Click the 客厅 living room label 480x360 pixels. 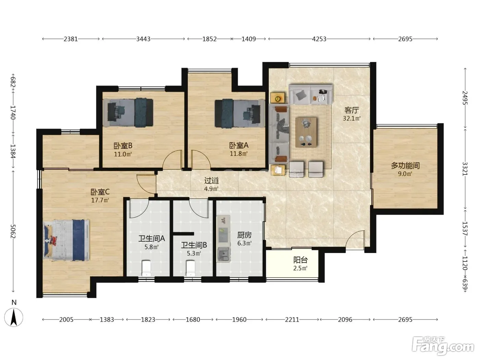click(351, 110)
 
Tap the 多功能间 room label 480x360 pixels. click(405, 166)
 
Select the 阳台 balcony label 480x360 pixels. click(300, 260)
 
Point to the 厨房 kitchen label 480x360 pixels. click(244, 235)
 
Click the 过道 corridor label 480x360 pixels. click(212, 181)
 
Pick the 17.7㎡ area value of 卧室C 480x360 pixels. click(100, 200)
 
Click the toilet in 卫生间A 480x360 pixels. click(146, 268)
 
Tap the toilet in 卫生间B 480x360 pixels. click(191, 268)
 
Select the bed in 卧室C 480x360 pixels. click(67, 240)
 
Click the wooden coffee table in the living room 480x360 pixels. click(306, 132)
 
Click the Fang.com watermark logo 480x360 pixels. click(443, 346)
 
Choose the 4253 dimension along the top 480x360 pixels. click(319, 39)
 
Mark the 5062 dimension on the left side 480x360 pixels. click(13, 231)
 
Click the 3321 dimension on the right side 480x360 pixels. click(465, 169)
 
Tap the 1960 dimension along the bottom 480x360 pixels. click(239, 320)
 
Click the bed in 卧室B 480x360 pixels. click(128, 112)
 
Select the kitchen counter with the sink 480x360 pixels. click(224, 239)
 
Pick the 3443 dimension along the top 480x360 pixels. click(143, 39)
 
